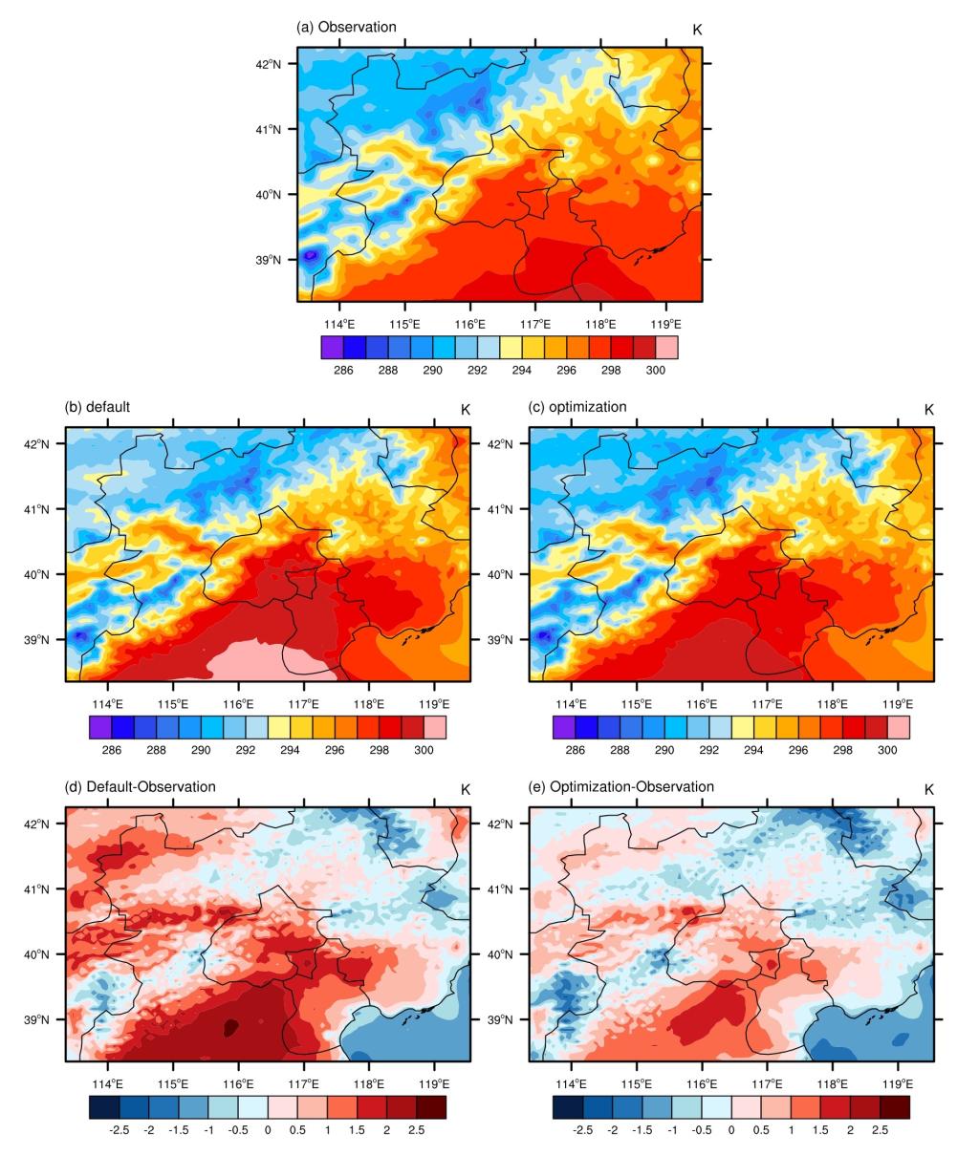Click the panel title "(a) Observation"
(346, 27)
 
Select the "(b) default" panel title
(97, 407)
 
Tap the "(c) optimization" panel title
(577, 407)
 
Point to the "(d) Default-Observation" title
(141, 787)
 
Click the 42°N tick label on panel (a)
(269, 64)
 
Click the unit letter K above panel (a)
(697, 31)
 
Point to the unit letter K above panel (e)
(928, 790)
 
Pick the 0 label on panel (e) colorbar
(730, 1129)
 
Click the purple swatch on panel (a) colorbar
(333, 348)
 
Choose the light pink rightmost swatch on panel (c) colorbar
(898, 728)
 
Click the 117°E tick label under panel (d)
(304, 1082)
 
